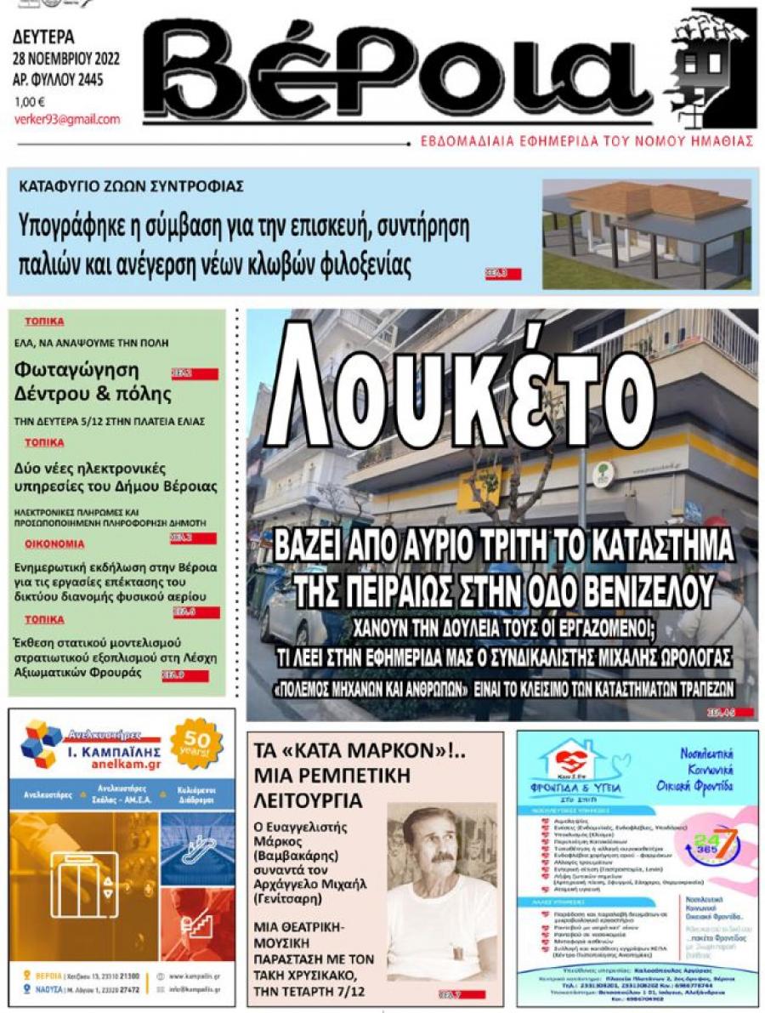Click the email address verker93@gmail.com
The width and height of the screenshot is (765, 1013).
tap(67, 119)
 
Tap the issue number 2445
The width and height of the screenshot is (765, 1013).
tap(102, 81)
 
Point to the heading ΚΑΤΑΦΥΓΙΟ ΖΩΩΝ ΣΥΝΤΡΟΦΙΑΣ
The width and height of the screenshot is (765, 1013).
tap(133, 185)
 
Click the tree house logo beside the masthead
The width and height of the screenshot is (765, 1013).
tap(711, 64)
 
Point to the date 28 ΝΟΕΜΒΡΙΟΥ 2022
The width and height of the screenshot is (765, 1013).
tap(66, 59)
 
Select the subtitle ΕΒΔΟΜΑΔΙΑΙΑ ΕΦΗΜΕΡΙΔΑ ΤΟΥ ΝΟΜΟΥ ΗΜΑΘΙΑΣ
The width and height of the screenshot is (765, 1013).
tap(586, 141)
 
